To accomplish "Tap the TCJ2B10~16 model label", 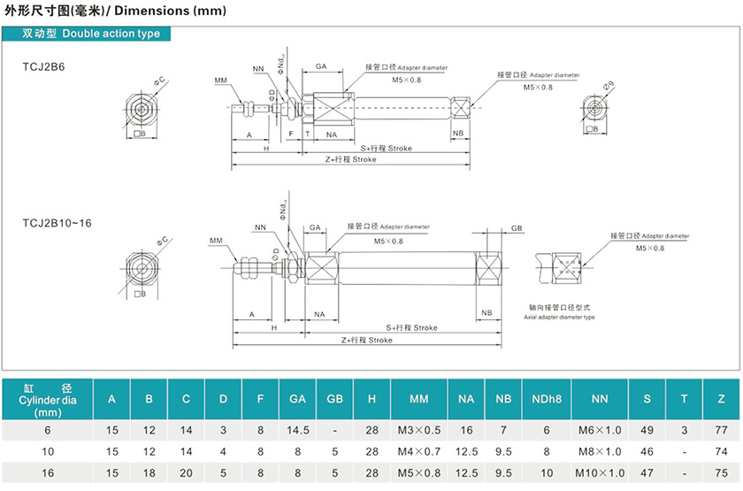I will tap(57, 223).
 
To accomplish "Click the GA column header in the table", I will tap(297, 399).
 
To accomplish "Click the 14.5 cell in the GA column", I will tap(297, 430).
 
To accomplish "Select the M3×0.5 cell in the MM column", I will tap(419, 430).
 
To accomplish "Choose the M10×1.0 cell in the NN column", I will tap(601, 473).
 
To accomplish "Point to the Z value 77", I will tap(722, 430).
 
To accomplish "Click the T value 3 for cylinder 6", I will tap(685, 430).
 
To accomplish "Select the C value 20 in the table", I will tap(186, 473).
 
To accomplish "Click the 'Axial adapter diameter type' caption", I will tap(559, 317).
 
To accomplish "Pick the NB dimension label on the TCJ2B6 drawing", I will tap(458, 134).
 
